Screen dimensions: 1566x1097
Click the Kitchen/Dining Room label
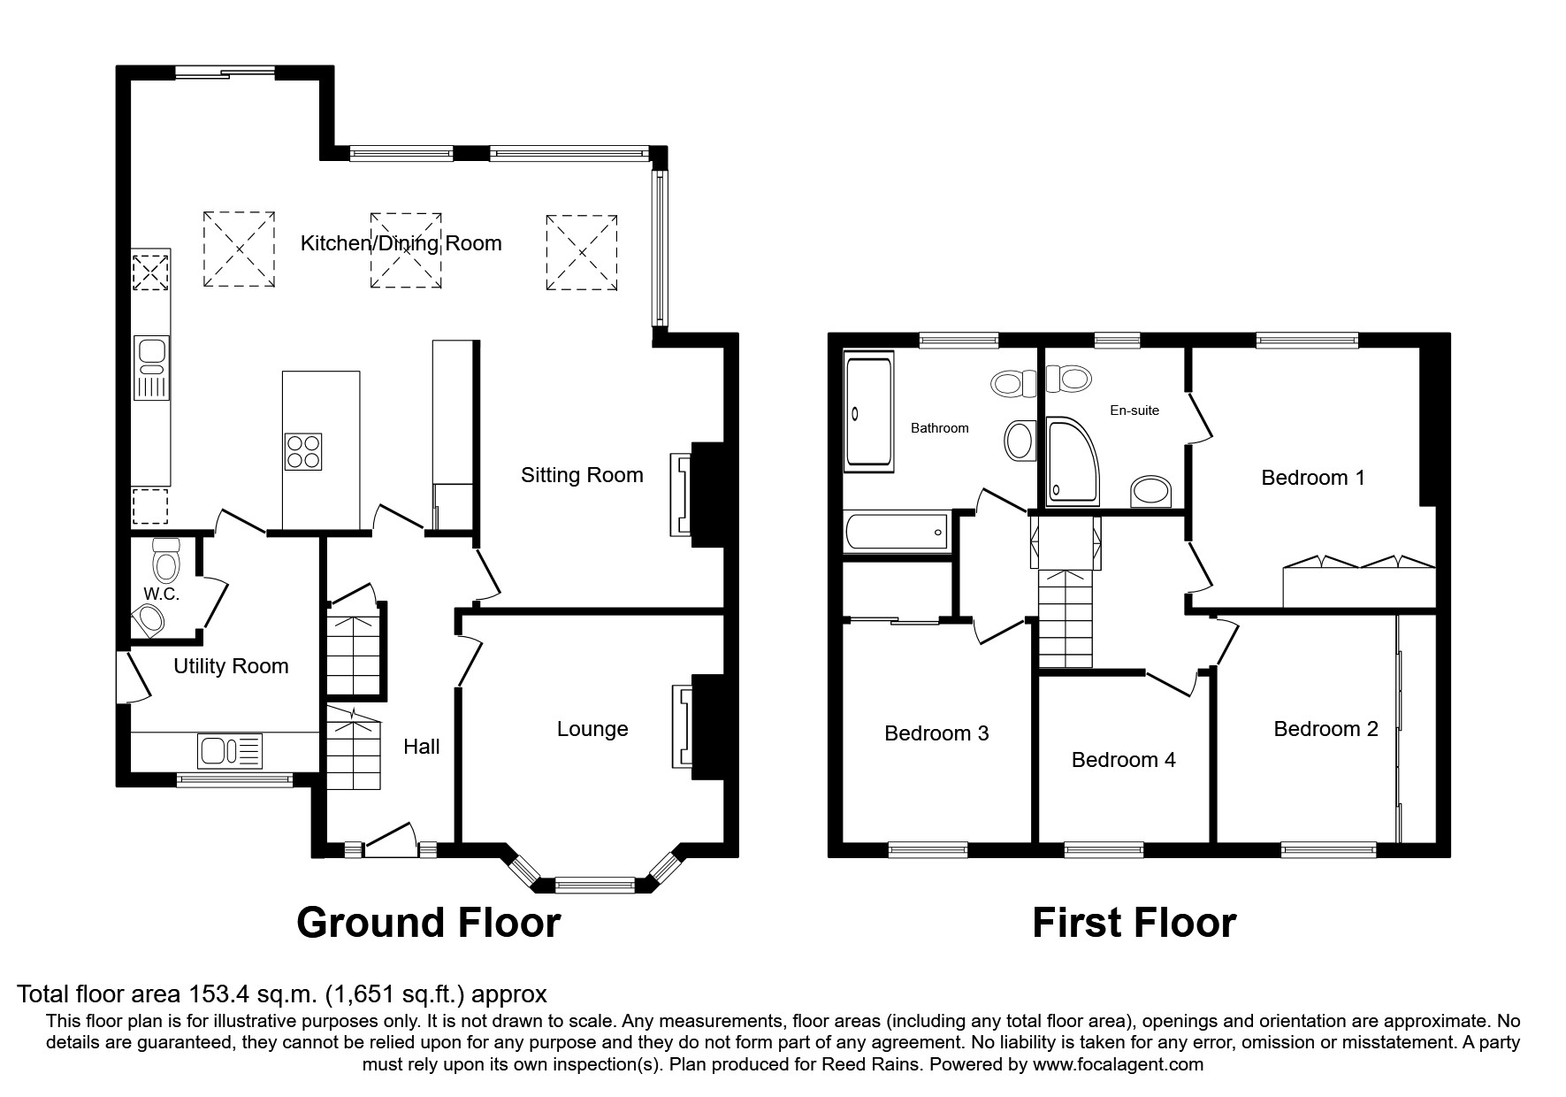401,243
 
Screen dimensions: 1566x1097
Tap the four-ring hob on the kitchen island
303,451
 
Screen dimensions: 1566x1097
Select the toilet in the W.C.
165,559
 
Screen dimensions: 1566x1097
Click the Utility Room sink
231,750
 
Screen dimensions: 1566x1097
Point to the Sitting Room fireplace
682,494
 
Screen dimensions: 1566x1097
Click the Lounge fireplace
682,725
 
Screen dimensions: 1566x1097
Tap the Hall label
422,747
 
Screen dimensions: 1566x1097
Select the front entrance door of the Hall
390,840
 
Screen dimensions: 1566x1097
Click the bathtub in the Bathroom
897,532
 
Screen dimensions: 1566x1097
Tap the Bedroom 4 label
1123,760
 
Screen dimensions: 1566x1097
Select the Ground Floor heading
429,923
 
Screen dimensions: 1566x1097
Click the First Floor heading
1134,923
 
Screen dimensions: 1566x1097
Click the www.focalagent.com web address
1118,1064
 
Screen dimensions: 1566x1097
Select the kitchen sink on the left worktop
151,367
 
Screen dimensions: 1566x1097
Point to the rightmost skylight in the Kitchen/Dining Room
582,252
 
